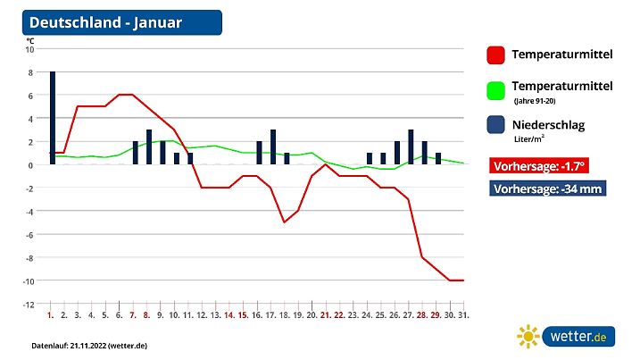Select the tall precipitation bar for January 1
pos(53,117)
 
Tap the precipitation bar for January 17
pos(273,147)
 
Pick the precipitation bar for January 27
pos(411,147)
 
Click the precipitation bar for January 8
pos(149,147)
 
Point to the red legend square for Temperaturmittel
pos(496,55)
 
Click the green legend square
pos(496,89)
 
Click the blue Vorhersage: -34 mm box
pos(547,188)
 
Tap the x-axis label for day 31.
pos(463,315)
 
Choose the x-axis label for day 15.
pos(242,315)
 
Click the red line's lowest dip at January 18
pos(284,222)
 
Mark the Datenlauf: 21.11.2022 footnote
pos(88,345)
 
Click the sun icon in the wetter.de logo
pos(529,336)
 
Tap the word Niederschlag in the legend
pos(548,125)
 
